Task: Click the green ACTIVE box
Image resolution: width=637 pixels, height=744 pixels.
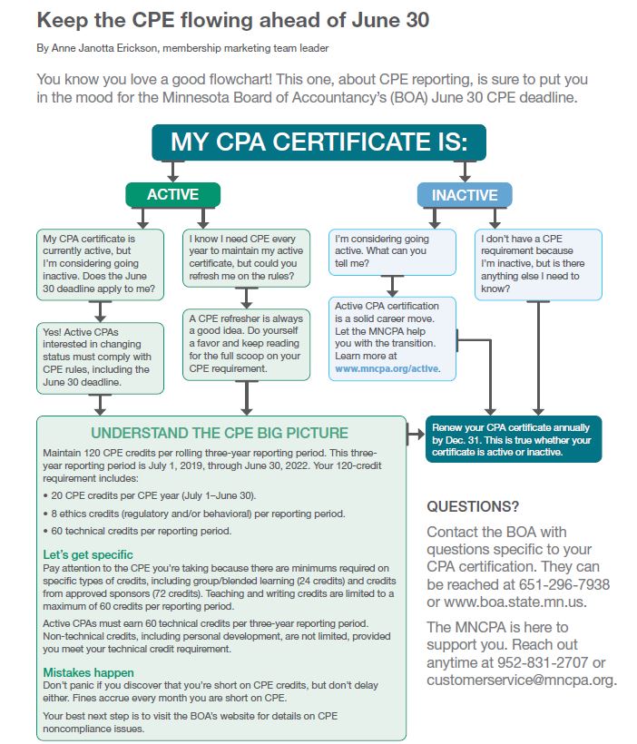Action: (x=172, y=194)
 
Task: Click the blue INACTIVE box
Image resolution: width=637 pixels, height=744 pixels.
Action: (x=465, y=194)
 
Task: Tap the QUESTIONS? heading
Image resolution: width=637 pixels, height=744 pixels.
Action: (x=474, y=506)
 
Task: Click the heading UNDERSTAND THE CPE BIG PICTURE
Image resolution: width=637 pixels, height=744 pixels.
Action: (x=219, y=433)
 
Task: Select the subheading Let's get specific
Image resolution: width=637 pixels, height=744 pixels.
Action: (x=88, y=553)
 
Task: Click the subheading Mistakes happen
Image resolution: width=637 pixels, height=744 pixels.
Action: (x=89, y=672)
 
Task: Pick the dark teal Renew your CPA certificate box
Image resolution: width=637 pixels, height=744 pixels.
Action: (x=514, y=439)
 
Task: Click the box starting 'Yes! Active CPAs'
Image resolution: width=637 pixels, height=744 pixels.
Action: (x=100, y=357)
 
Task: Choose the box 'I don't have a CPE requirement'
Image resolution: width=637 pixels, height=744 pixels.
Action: (x=538, y=263)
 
